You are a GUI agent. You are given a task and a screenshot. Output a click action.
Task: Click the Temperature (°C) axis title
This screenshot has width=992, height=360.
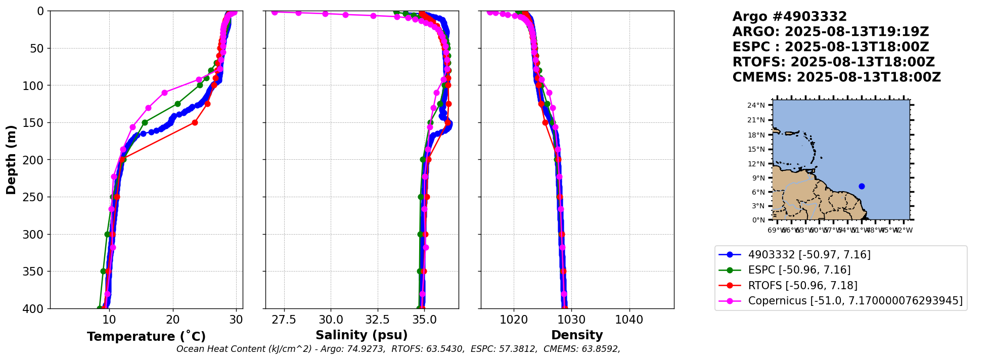(146, 337)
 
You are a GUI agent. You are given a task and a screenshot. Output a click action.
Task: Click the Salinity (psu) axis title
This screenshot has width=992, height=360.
(362, 335)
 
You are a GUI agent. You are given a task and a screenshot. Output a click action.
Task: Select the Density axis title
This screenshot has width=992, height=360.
(577, 335)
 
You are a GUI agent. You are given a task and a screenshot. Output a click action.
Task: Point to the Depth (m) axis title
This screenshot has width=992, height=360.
(11, 159)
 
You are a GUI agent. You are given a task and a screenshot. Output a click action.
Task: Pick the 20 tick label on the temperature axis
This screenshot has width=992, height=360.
(173, 320)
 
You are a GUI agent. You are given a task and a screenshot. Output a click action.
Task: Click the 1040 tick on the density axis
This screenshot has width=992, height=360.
(629, 320)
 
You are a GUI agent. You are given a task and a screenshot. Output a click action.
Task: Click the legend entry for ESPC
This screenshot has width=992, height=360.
(799, 270)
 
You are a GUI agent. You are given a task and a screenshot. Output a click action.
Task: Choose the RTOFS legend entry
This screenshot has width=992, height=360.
(802, 286)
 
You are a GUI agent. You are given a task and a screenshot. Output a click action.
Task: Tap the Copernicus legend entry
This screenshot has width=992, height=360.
(855, 301)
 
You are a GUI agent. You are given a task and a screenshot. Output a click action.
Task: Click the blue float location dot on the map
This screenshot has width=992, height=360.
(862, 186)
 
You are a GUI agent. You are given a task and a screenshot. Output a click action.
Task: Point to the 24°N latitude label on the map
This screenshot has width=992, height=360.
(756, 105)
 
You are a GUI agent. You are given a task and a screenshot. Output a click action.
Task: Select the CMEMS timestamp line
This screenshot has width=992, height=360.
(836, 77)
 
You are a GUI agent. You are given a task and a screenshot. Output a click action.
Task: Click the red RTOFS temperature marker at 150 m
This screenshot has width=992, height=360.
(195, 122)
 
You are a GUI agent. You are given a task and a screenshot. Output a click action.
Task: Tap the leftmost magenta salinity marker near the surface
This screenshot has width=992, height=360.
(275, 12)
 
